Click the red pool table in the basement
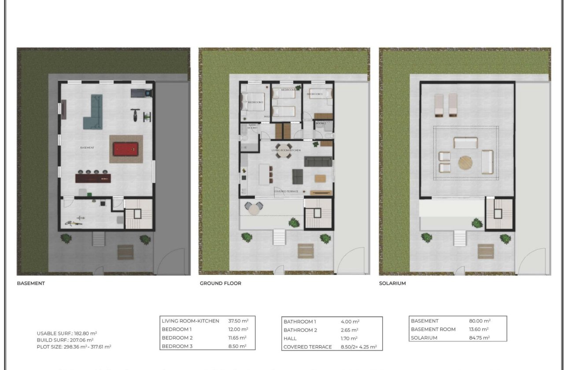pos(125,149)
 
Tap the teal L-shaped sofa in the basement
pos(93,114)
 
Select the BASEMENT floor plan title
pos(31,283)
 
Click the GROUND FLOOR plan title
pos(220,283)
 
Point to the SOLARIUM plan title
pos(392,283)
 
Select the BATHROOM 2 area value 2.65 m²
pos(350,330)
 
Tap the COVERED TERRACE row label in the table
pos(307,347)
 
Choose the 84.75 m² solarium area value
pos(479,338)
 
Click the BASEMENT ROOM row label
pos(433,329)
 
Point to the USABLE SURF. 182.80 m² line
pos(67,333)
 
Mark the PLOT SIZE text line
pos(74,347)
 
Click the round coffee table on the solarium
pos(466,163)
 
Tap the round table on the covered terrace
pos(254,209)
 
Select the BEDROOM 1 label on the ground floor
pos(255,102)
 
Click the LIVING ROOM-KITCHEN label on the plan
pos(286,151)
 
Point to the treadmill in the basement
pos(141,93)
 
